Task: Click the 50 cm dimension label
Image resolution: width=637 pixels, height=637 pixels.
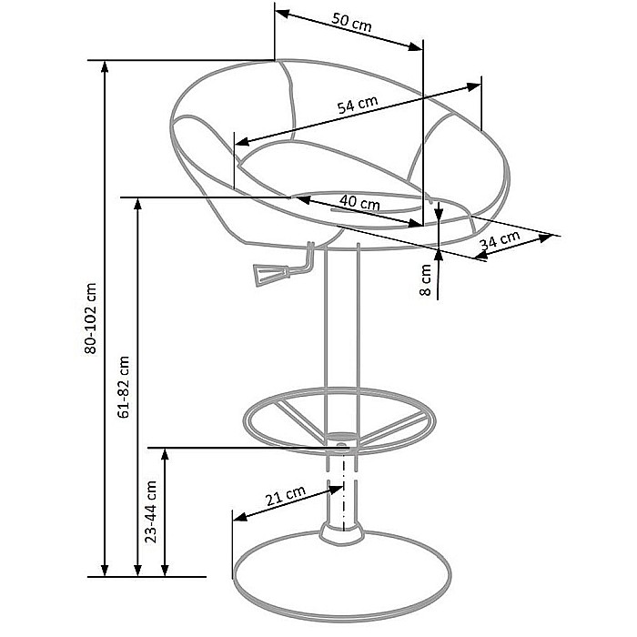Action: [x=352, y=22]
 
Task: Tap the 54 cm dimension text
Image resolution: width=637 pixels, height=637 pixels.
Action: [x=358, y=105]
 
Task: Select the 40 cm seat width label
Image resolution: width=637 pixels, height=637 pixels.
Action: [x=359, y=202]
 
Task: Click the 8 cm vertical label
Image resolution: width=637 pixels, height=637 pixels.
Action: [x=425, y=280]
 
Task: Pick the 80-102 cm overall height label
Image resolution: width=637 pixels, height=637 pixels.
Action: [x=91, y=318]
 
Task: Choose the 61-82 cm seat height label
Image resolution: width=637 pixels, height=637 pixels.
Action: [x=123, y=387]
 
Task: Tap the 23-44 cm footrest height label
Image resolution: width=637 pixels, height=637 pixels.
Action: [x=151, y=511]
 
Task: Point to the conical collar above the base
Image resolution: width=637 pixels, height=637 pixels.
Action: [x=341, y=532]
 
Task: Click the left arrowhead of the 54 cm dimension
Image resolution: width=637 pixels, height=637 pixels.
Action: [x=242, y=141]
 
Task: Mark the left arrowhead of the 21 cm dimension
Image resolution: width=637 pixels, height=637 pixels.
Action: [x=240, y=516]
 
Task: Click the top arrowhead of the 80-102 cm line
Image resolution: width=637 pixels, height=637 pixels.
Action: [x=105, y=68]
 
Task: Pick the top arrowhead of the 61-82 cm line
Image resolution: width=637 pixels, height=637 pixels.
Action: [x=137, y=205]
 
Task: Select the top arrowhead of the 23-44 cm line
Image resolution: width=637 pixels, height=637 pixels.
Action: [x=165, y=455]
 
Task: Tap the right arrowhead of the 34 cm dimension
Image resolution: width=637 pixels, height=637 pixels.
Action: [x=545, y=238]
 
